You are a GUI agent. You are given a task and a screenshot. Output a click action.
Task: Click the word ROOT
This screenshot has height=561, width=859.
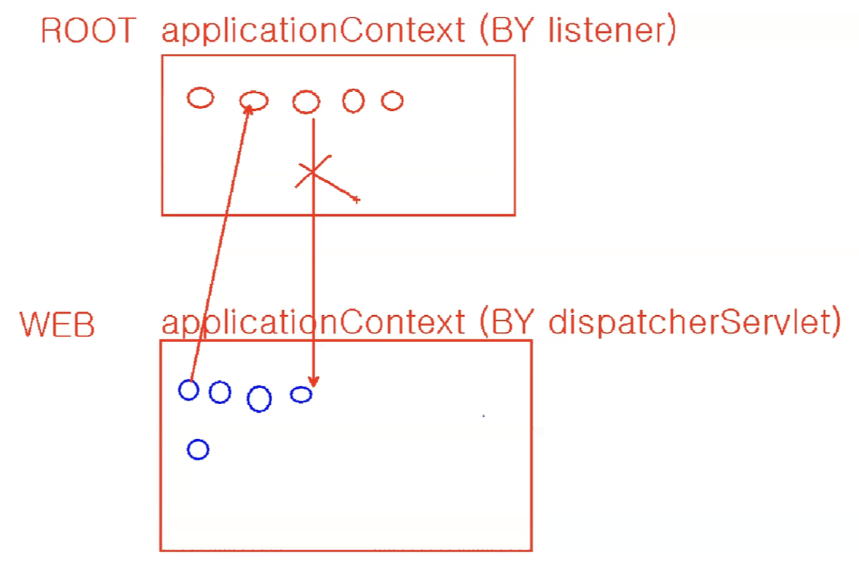[88, 31]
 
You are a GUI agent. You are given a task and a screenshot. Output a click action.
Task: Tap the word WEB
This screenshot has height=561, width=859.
[58, 325]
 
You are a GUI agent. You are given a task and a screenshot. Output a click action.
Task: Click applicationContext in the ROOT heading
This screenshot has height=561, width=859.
[313, 31]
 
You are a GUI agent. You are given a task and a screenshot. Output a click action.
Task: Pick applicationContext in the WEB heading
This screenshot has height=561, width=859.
[313, 322]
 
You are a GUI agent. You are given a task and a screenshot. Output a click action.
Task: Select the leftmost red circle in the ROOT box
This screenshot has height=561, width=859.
[200, 97]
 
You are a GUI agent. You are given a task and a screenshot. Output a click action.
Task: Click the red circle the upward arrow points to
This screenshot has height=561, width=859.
[254, 101]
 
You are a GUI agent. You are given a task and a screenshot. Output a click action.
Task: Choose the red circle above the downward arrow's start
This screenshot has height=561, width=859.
[307, 101]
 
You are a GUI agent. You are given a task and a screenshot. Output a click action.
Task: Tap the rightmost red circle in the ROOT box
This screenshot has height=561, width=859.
[392, 101]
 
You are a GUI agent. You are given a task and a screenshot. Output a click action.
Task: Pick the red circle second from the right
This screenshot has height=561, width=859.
[353, 100]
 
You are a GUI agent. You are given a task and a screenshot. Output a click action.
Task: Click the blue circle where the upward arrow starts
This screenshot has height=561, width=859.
[188, 390]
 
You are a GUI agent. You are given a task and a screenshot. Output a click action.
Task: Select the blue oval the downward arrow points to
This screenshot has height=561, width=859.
[301, 395]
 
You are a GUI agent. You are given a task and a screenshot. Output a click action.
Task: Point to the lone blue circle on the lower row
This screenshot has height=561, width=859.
[198, 449]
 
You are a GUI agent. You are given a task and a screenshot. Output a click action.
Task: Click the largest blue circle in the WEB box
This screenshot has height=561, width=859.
[259, 399]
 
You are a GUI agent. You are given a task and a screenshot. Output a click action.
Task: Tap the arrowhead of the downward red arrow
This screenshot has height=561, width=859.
[313, 381]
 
